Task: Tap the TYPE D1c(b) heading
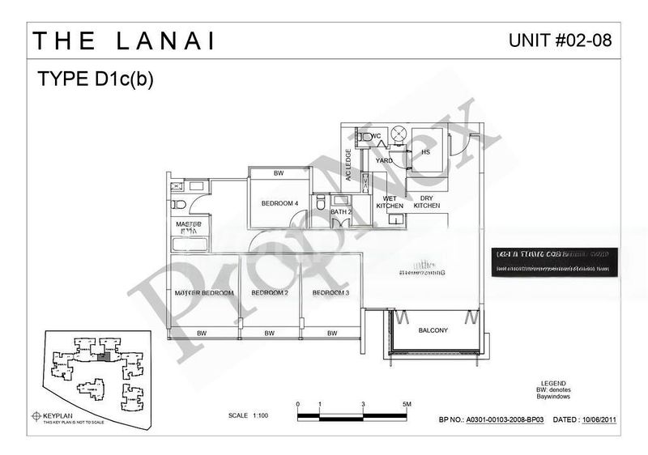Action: [95, 79]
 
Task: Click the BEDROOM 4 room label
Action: [279, 203]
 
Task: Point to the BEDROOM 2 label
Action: [270, 292]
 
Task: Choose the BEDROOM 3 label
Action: [330, 292]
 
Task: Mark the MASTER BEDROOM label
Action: [205, 292]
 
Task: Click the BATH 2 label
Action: [341, 212]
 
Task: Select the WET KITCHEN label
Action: [390, 202]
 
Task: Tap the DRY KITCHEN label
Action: [427, 202]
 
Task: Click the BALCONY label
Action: [433, 330]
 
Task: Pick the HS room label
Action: [424, 151]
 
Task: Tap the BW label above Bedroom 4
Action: [279, 173]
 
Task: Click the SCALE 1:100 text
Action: [249, 415]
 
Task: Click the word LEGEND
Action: [552, 382]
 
